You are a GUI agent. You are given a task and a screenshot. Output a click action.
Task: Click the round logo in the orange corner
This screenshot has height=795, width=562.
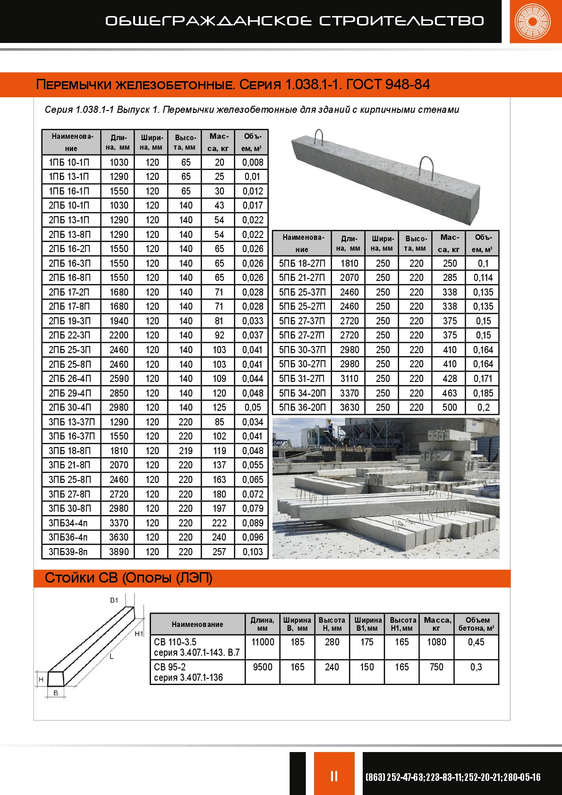pos(533,21)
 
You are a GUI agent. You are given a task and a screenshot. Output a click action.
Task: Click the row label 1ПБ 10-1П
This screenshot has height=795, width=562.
pos(69,162)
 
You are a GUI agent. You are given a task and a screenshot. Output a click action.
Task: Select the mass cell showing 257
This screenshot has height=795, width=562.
pos(219,552)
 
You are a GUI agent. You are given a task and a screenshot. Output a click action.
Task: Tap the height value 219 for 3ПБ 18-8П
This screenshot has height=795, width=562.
pos(186,451)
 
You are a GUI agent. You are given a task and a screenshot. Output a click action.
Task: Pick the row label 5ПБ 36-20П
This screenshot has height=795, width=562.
pos(302,407)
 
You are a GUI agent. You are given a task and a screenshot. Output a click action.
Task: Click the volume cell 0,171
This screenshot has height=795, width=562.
pos(483,379)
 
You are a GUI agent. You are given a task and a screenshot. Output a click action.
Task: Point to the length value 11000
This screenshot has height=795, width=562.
pos(263,642)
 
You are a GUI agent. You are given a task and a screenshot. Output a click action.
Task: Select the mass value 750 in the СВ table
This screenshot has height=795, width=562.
pos(436,667)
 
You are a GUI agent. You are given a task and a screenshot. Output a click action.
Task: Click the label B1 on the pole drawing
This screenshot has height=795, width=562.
pos(114,600)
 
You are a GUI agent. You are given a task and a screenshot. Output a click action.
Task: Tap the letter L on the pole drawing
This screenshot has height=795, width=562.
pos(111,657)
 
